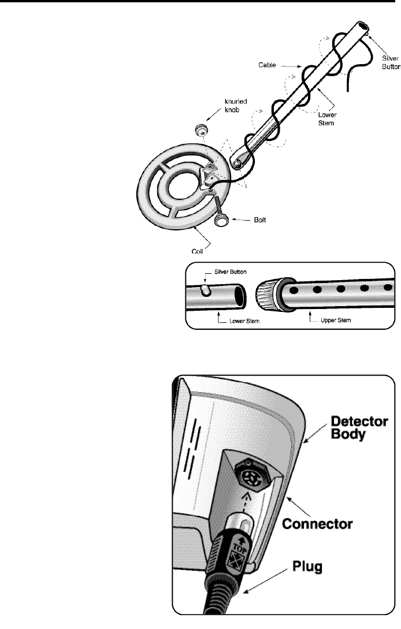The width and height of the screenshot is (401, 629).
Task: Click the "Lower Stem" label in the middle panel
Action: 237,319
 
